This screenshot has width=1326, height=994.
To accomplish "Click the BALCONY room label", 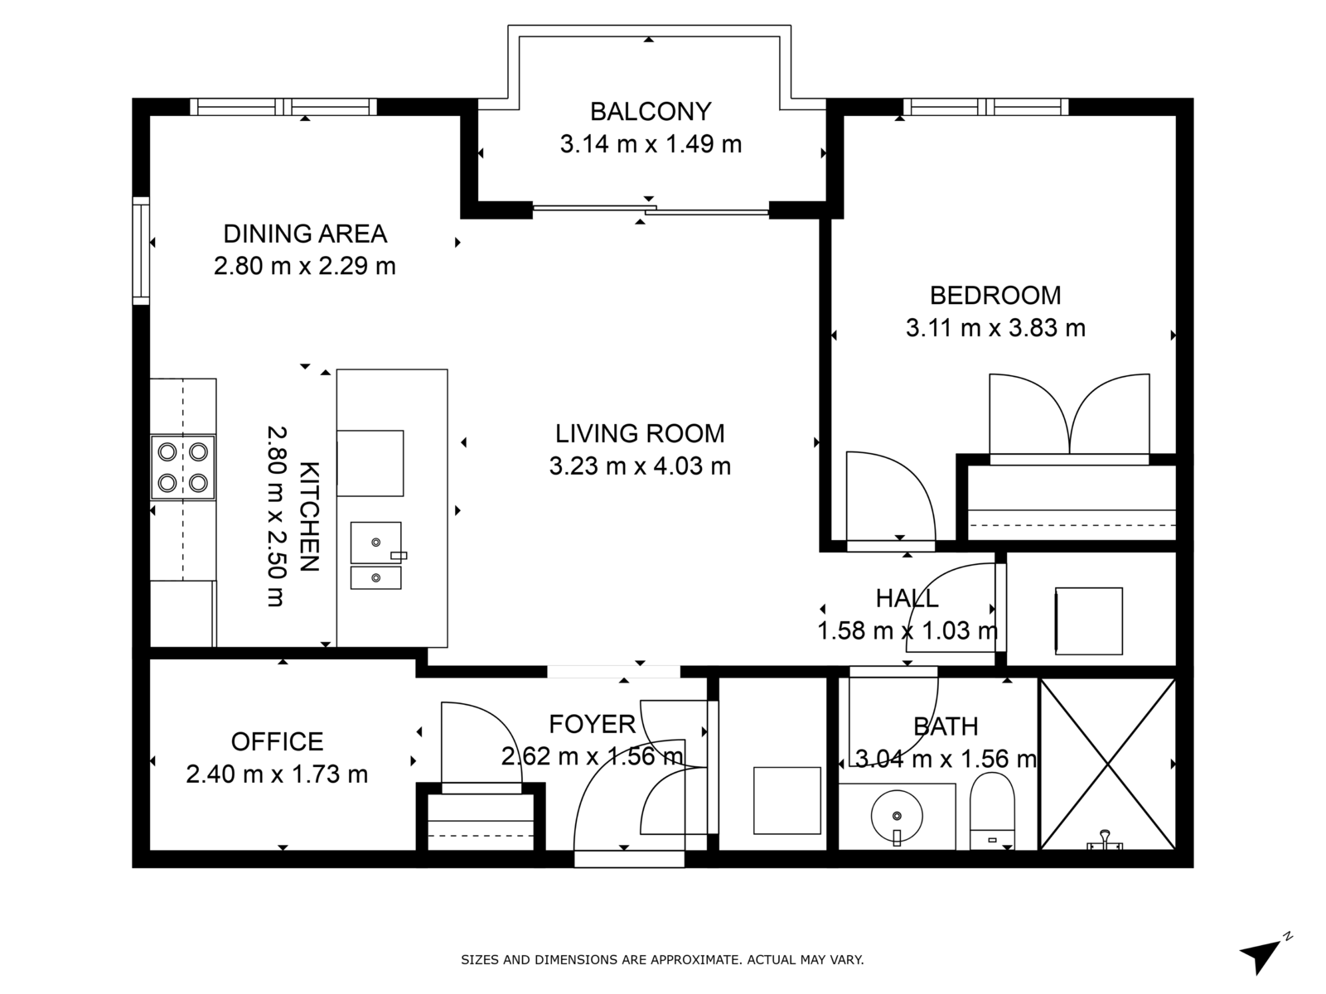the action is tap(650, 112).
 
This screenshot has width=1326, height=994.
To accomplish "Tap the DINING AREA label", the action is tap(305, 234).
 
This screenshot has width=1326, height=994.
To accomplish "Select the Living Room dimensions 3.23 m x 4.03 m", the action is tap(640, 466).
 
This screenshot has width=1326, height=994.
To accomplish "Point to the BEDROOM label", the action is tap(995, 296).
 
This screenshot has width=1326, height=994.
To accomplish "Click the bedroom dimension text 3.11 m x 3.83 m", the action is tap(995, 328).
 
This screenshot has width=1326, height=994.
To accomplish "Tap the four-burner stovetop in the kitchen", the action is tap(183, 467).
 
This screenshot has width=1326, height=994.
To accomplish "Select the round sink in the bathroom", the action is tap(897, 817).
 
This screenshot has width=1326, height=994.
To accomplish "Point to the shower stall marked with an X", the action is tap(1107, 764).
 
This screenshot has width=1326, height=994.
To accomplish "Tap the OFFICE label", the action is tap(278, 741).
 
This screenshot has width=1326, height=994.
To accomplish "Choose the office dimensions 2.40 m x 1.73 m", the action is tap(277, 774).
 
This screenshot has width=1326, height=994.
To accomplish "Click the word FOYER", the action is tap(592, 724).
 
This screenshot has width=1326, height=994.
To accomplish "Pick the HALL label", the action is tap(907, 598).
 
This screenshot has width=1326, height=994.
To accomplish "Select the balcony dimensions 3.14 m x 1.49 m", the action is tap(651, 144).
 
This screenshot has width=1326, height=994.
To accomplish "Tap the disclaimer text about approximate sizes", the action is tap(663, 959).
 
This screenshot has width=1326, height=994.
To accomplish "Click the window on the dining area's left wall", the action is tap(141, 250).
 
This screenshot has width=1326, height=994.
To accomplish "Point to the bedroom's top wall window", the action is tap(986, 107).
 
